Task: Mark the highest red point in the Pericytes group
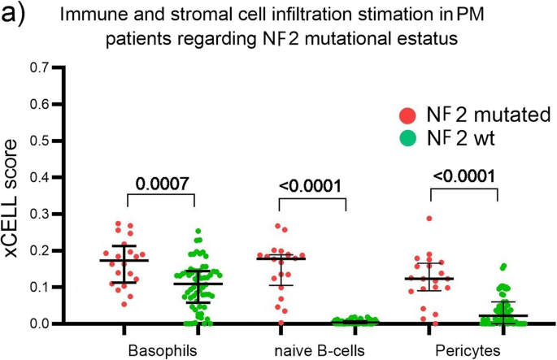[x=429, y=219]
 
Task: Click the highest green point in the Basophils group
[x=198, y=232]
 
